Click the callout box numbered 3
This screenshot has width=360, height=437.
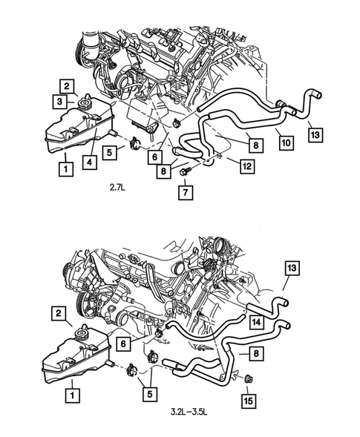coord(65,100)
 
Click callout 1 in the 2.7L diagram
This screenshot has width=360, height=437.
coord(66,169)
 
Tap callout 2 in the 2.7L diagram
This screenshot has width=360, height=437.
coord(65,85)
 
